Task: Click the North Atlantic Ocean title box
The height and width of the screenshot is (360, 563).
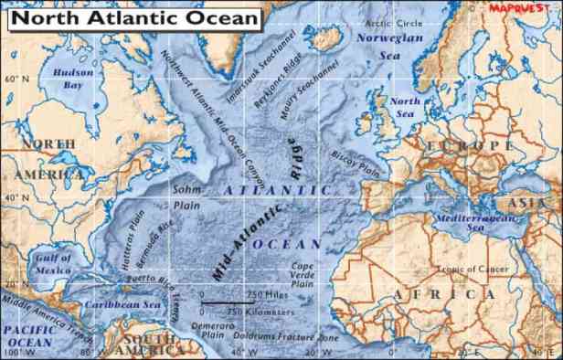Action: [x=133, y=17]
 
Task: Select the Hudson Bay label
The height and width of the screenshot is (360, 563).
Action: [x=73, y=79]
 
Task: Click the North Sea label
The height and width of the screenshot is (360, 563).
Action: [x=406, y=108]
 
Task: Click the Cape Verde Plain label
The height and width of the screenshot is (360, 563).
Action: [x=303, y=275]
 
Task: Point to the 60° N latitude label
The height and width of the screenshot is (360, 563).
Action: [x=16, y=79]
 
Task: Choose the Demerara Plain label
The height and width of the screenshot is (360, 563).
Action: [x=213, y=329]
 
